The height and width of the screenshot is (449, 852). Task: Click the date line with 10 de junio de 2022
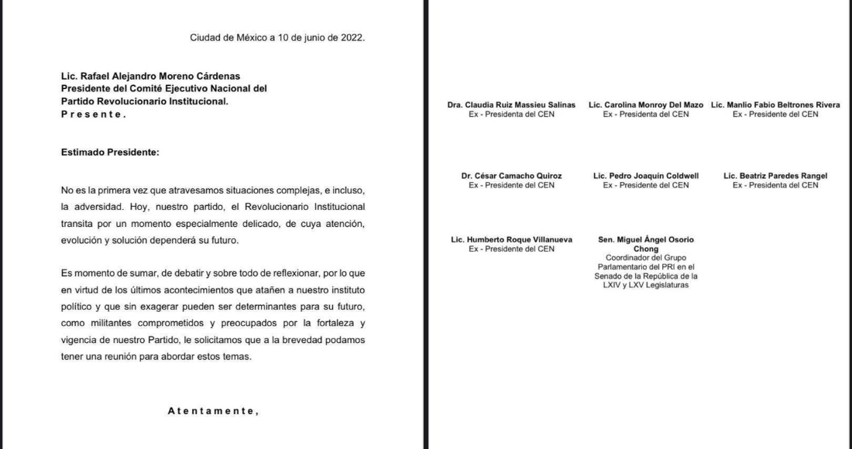(277, 36)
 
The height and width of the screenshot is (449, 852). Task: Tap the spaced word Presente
(93, 114)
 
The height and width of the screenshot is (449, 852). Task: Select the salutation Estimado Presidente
(109, 152)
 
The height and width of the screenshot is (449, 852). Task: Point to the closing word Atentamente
(213, 411)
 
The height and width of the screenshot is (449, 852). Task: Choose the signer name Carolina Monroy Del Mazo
(646, 105)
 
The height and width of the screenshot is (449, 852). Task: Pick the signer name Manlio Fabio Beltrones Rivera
(775, 105)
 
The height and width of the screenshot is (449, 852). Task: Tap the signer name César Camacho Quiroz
(511, 176)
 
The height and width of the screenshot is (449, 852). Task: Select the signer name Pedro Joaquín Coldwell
(646, 176)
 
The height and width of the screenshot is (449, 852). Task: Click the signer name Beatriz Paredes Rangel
(775, 176)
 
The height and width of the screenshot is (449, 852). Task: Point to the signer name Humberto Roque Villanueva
(511, 240)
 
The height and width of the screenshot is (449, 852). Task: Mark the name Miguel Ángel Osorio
(646, 240)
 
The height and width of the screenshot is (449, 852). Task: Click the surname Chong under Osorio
(646, 249)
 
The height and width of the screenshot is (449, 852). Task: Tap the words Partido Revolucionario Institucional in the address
(144, 101)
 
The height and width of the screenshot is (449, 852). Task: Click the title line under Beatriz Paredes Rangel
(775, 185)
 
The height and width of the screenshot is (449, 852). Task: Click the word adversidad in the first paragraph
(101, 208)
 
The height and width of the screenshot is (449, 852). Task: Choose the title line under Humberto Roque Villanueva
(511, 249)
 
